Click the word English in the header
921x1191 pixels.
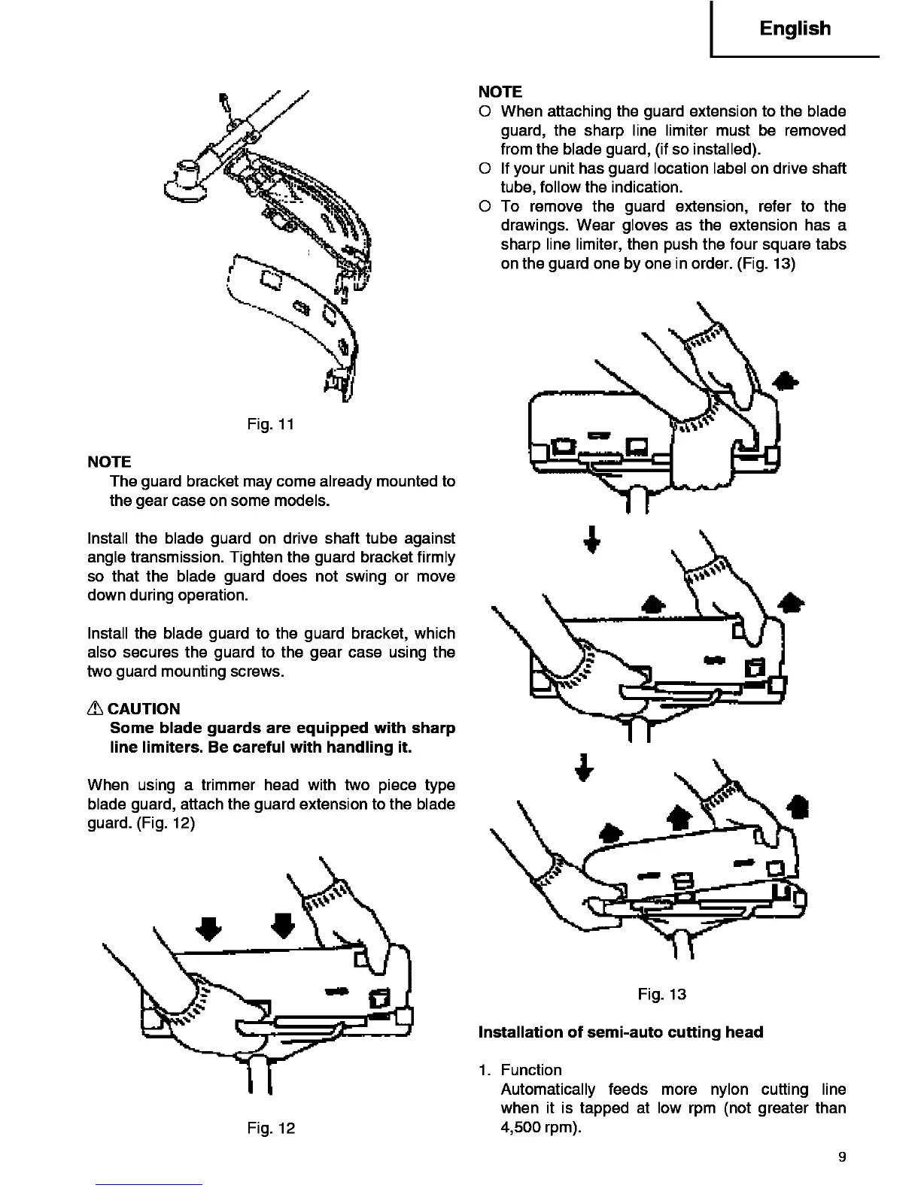point(795,29)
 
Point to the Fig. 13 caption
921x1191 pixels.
point(661,994)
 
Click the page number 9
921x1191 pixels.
point(842,1157)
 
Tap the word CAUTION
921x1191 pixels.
point(144,709)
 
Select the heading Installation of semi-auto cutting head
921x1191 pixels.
point(621,1032)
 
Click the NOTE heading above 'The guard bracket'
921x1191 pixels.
point(109,462)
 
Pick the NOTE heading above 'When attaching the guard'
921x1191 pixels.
point(500,92)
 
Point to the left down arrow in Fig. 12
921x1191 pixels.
point(209,928)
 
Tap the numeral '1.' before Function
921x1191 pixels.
point(485,1070)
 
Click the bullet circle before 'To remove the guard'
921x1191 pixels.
point(485,206)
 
